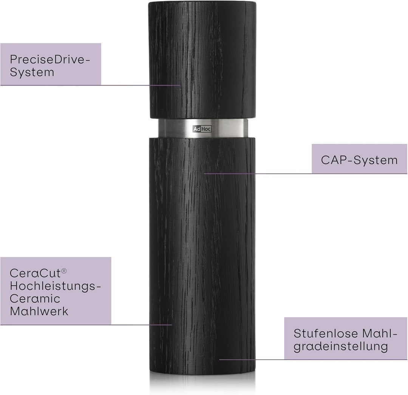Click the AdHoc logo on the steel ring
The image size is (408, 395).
point(202,129)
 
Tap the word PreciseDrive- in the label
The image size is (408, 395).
point(50,60)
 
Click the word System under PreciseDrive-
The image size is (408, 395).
point(32,72)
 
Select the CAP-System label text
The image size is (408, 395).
point(359,160)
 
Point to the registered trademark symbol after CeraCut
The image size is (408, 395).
point(64,271)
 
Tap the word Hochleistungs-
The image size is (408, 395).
point(55,286)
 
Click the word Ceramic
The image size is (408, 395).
point(35,299)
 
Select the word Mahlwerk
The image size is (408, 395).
point(39,311)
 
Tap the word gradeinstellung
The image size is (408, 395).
point(341,347)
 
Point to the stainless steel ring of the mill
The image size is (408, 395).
point(203,128)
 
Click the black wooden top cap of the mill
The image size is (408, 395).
point(202,60)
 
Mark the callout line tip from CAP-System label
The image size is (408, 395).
point(204,173)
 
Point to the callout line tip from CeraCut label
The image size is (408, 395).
point(172,324)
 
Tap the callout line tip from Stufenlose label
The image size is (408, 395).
point(220,360)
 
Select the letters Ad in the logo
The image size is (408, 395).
point(197,129)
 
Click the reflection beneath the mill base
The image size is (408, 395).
point(202,383)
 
